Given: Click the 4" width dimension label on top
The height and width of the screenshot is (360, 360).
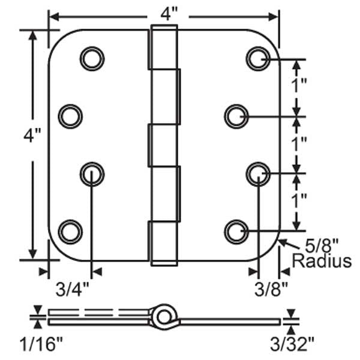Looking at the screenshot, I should (x=163, y=13).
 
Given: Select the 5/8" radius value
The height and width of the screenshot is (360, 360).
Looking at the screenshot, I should (x=319, y=245).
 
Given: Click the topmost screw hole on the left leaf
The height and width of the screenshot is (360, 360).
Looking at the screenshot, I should (x=92, y=58).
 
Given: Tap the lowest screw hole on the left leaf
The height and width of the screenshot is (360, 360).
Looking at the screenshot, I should (x=70, y=230).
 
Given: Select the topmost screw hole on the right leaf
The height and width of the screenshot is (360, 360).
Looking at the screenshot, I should (x=257, y=58).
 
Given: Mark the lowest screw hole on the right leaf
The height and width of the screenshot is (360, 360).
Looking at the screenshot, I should (x=236, y=230).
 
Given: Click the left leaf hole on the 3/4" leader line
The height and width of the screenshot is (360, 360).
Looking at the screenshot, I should (x=92, y=173).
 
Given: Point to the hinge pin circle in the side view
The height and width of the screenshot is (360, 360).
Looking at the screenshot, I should (x=161, y=315).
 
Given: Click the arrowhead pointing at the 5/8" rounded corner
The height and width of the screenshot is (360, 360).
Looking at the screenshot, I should (x=283, y=242).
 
